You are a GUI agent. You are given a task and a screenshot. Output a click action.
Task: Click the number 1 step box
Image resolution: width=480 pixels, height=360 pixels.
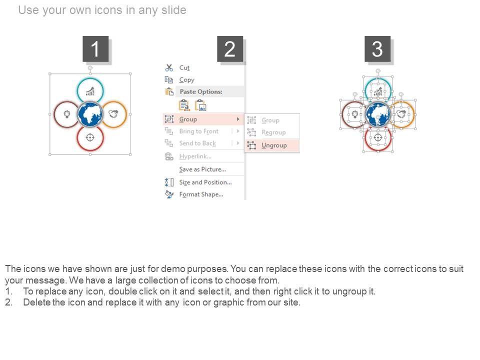point(95,49)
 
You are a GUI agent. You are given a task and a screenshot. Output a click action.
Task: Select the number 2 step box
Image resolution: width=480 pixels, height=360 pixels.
point(230,49)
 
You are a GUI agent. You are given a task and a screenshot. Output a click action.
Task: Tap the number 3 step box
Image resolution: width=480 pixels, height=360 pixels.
point(377,49)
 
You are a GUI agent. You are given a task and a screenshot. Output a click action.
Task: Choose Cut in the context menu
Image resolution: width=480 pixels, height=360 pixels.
point(184,67)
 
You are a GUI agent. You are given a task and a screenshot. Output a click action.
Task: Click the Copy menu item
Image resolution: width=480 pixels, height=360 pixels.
point(186,80)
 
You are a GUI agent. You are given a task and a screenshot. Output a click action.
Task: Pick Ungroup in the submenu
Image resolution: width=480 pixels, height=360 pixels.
point(274,145)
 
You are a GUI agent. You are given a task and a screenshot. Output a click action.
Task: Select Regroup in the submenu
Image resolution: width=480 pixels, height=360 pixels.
point(273,132)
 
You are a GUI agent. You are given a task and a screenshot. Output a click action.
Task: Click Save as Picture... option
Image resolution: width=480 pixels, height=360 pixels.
point(202,169)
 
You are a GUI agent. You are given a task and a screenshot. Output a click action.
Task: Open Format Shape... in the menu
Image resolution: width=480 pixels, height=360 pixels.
point(201,194)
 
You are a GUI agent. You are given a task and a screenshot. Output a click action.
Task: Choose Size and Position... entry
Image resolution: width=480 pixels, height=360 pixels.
point(205,182)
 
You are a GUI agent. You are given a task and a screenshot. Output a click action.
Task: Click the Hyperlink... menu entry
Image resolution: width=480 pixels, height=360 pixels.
point(195,156)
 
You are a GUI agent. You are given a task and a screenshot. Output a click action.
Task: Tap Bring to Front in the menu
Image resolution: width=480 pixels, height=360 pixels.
point(198,131)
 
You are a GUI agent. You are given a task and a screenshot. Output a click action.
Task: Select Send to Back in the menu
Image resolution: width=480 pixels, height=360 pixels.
point(197,143)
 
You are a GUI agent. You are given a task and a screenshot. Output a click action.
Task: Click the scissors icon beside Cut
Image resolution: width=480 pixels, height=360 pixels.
point(169,67)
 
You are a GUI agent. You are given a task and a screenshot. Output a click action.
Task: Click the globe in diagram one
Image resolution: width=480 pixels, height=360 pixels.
point(90,114)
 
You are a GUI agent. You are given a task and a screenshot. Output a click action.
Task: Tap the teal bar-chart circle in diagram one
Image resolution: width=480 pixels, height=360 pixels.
point(90,90)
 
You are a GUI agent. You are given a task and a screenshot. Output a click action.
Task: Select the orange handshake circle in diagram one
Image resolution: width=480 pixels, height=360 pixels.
point(114,114)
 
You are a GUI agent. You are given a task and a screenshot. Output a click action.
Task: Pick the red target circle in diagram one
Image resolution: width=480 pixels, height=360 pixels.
point(90,138)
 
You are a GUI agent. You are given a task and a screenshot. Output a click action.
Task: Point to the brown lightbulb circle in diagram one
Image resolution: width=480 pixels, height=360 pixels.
point(66,114)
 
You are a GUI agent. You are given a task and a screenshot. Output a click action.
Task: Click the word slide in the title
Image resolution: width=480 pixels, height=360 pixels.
point(174,10)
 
